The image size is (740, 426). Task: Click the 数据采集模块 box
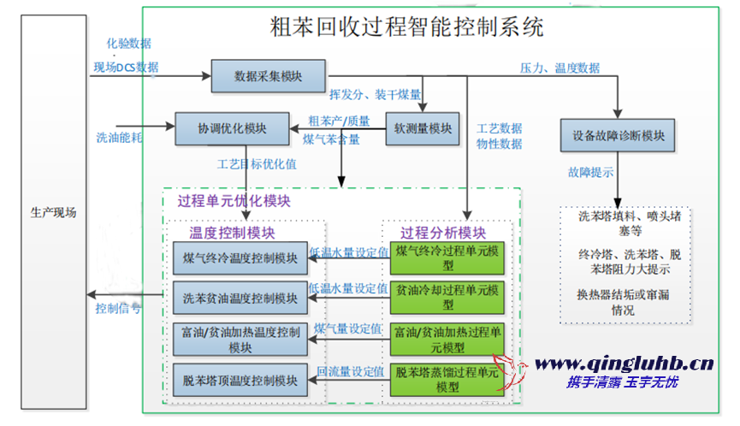pos(268,76)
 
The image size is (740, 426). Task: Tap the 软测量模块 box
pos(422,129)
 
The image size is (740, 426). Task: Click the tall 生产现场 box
pos(53,213)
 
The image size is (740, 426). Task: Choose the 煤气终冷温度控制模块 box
pos(240,257)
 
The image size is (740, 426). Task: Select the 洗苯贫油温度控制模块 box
pos(240,299)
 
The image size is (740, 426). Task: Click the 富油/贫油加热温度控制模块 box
pos(240,339)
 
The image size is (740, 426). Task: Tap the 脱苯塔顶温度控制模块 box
pos(240,380)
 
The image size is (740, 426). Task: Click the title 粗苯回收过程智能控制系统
pos(406,28)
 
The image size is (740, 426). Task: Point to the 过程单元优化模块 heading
pos(234,202)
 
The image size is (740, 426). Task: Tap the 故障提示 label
pos(590,172)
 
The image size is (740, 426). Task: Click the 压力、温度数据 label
pos(560,68)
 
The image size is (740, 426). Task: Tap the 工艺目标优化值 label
pos(257,163)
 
